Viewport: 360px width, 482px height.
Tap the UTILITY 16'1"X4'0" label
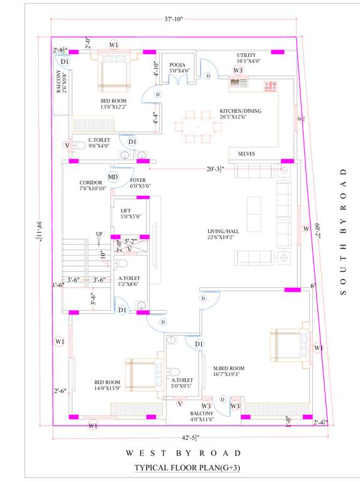pos(246,58)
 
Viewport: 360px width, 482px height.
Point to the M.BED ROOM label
pos(228,368)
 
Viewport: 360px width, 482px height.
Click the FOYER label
pos(138,183)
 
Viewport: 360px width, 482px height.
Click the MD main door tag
pos(113,177)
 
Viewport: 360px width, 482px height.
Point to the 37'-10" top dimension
pos(173,19)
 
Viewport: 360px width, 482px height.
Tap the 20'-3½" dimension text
pos(216,168)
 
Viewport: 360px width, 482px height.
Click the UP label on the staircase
pos(98,234)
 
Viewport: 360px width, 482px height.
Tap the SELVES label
pos(246,154)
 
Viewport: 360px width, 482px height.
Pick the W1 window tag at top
pos(114,45)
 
